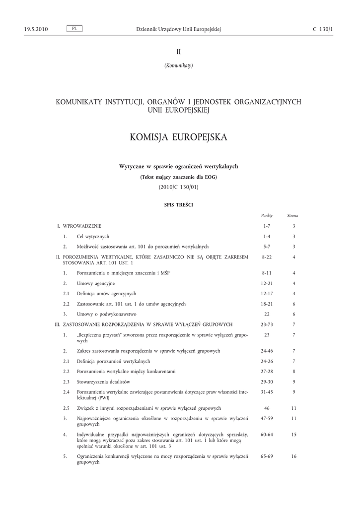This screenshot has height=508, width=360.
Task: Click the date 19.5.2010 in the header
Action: pos(36,29)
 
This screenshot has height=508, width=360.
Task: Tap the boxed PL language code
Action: pos(74,29)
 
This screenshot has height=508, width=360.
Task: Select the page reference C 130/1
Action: pos(323,29)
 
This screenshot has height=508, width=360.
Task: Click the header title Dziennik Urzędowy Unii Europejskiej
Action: pos(178,29)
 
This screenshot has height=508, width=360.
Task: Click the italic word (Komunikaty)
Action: pos(179,65)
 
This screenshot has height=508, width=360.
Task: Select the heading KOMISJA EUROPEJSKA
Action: pos(178,137)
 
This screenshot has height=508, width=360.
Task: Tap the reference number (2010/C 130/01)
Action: pos(178,187)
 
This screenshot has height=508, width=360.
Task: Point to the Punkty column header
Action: pos(267,216)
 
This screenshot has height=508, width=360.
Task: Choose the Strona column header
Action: pos(293,216)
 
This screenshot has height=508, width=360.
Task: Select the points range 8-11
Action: pos(267,273)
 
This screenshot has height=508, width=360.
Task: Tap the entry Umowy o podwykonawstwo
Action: pos(106,314)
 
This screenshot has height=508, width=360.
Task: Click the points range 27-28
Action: pos(267,371)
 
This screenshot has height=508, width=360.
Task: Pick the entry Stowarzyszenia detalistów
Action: pos(103,381)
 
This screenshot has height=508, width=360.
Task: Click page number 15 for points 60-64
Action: pos(294,434)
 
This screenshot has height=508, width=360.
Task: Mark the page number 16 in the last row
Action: pos(294,456)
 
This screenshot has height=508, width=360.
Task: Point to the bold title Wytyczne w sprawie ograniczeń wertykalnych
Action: pos(178,166)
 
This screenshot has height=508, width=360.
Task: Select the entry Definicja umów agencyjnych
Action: pos(106,294)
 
